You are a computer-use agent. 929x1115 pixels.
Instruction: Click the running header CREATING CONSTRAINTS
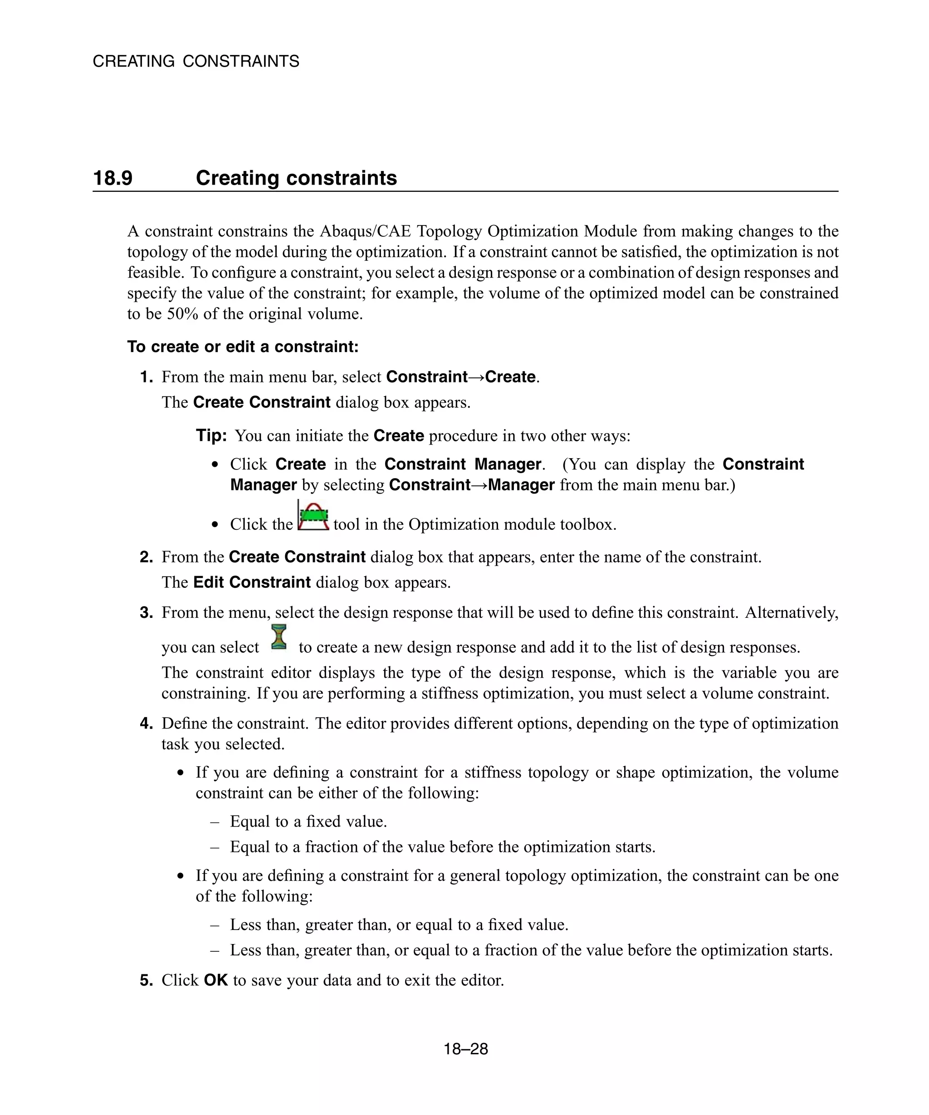click(196, 62)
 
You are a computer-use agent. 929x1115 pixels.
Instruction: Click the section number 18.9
click(112, 178)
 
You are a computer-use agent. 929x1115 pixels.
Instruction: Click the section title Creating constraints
click(296, 178)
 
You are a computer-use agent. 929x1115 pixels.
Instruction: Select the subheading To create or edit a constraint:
click(243, 347)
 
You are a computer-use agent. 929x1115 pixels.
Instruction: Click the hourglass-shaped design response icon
click(279, 637)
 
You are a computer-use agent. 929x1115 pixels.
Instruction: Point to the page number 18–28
click(465, 1049)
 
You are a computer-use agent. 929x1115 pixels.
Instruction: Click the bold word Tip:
click(211, 435)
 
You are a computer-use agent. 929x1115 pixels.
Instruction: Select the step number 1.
click(146, 377)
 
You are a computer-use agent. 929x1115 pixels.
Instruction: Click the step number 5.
click(146, 980)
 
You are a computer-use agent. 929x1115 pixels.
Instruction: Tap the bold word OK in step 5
click(215, 980)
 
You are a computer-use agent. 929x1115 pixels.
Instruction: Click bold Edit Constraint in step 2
click(252, 582)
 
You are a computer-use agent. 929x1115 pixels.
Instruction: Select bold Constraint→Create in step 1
click(461, 377)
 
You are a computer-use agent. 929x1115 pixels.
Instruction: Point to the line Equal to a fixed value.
click(308, 822)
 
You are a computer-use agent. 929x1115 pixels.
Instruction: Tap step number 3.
click(146, 613)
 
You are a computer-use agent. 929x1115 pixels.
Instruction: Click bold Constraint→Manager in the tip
click(471, 485)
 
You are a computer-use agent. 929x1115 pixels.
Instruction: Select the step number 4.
click(146, 724)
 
